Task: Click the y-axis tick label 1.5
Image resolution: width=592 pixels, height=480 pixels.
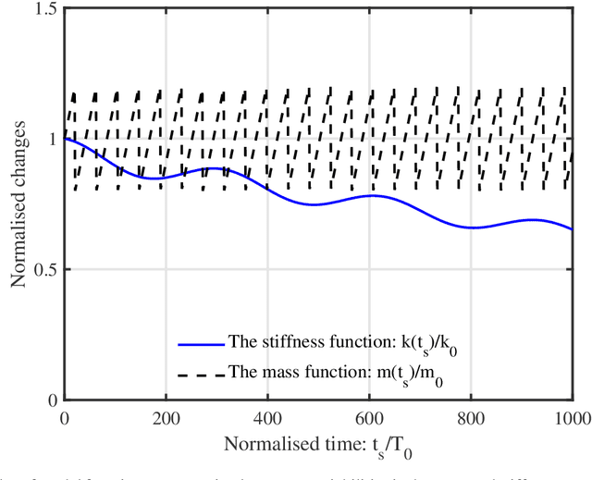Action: point(43,8)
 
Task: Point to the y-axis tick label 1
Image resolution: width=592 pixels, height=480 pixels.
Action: point(51,139)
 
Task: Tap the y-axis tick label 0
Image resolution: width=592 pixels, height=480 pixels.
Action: point(51,400)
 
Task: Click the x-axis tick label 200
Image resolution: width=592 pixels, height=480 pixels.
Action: point(166,417)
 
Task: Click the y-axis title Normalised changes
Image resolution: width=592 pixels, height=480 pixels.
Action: point(18,204)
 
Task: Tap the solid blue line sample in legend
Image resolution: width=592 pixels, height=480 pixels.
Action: point(201,344)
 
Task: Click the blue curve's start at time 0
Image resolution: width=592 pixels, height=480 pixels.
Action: point(65,139)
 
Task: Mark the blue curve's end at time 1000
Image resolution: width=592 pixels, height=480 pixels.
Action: point(573,229)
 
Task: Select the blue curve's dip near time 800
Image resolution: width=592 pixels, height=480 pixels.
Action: point(474,228)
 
